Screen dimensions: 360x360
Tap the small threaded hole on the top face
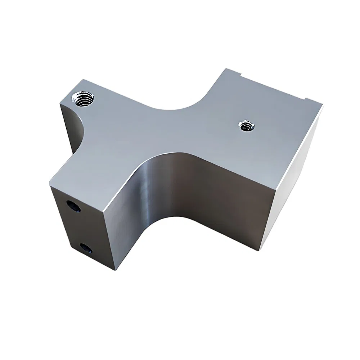click(x=246, y=126)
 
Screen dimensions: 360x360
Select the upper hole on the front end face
click(x=73, y=206)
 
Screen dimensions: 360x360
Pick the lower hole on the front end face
click(x=86, y=248)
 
